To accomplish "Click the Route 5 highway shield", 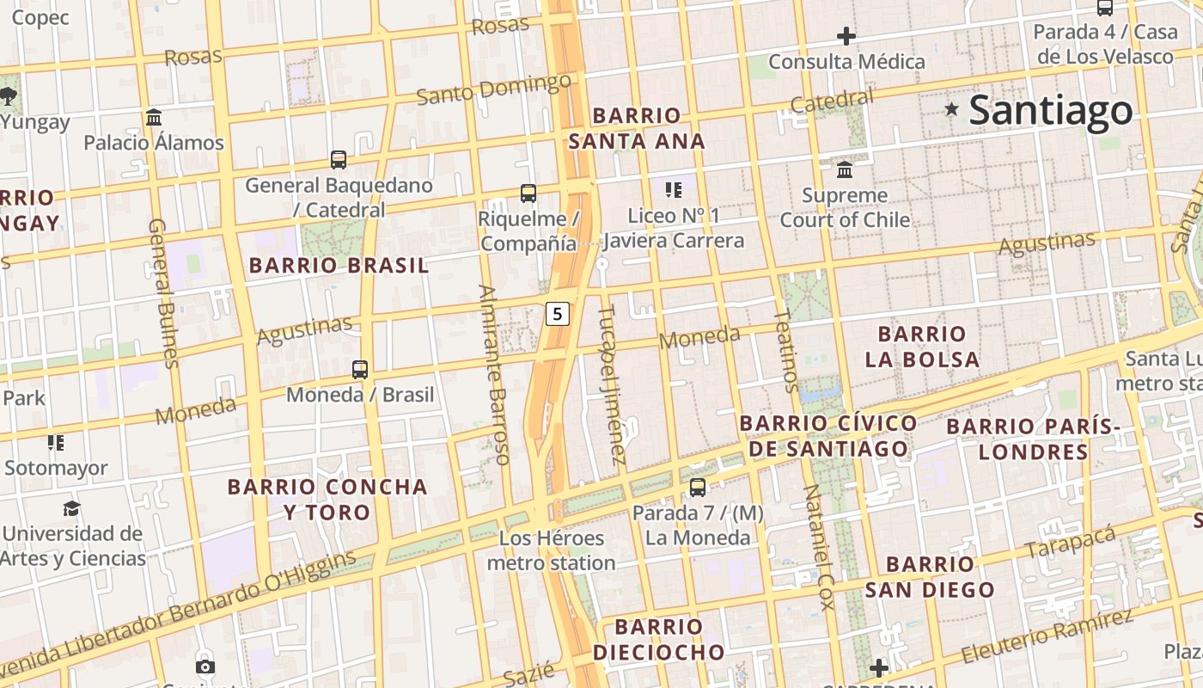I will tap(558, 314).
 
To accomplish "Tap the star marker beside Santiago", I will tap(951, 109).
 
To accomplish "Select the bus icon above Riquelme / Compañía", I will tap(528, 193).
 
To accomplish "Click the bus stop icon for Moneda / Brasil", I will tap(360, 370).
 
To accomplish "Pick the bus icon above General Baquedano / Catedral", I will tap(339, 159).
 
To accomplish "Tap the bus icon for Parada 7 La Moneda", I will tap(698, 488).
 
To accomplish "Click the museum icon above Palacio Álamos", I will tap(154, 117).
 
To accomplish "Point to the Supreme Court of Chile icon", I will tap(845, 169).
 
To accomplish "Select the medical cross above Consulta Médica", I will tap(846, 36).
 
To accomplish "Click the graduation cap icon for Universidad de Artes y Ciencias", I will tap(72, 508).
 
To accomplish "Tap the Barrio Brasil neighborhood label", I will tap(339, 266).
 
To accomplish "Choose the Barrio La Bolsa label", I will tap(922, 347).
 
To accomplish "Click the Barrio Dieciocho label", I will tap(659, 639).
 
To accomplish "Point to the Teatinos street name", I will tap(786, 351).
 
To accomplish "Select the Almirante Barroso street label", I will tap(495, 374).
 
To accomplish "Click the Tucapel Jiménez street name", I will tap(611, 384).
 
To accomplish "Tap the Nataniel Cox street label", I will tap(818, 547).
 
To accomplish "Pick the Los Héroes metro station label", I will tap(552, 550).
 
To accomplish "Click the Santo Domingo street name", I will tap(494, 89).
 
